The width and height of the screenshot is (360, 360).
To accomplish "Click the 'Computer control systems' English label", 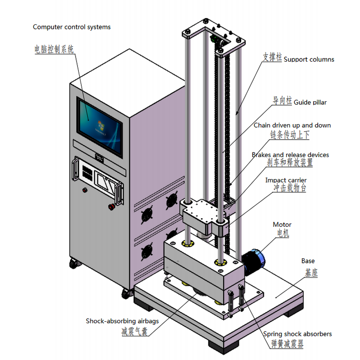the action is pos(72,27).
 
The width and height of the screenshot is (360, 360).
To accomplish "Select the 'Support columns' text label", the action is pos(309,59).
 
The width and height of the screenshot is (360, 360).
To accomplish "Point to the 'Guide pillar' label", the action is pos(310,103).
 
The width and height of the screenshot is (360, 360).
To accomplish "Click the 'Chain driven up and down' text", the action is pos(292,126).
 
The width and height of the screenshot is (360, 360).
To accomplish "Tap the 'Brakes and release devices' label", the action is pos(290,155).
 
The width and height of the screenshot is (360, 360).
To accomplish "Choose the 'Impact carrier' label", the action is pos(286,180).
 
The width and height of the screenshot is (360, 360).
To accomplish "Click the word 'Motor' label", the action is pos(282,225).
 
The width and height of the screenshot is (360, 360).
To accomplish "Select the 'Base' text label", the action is pos(308,261).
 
